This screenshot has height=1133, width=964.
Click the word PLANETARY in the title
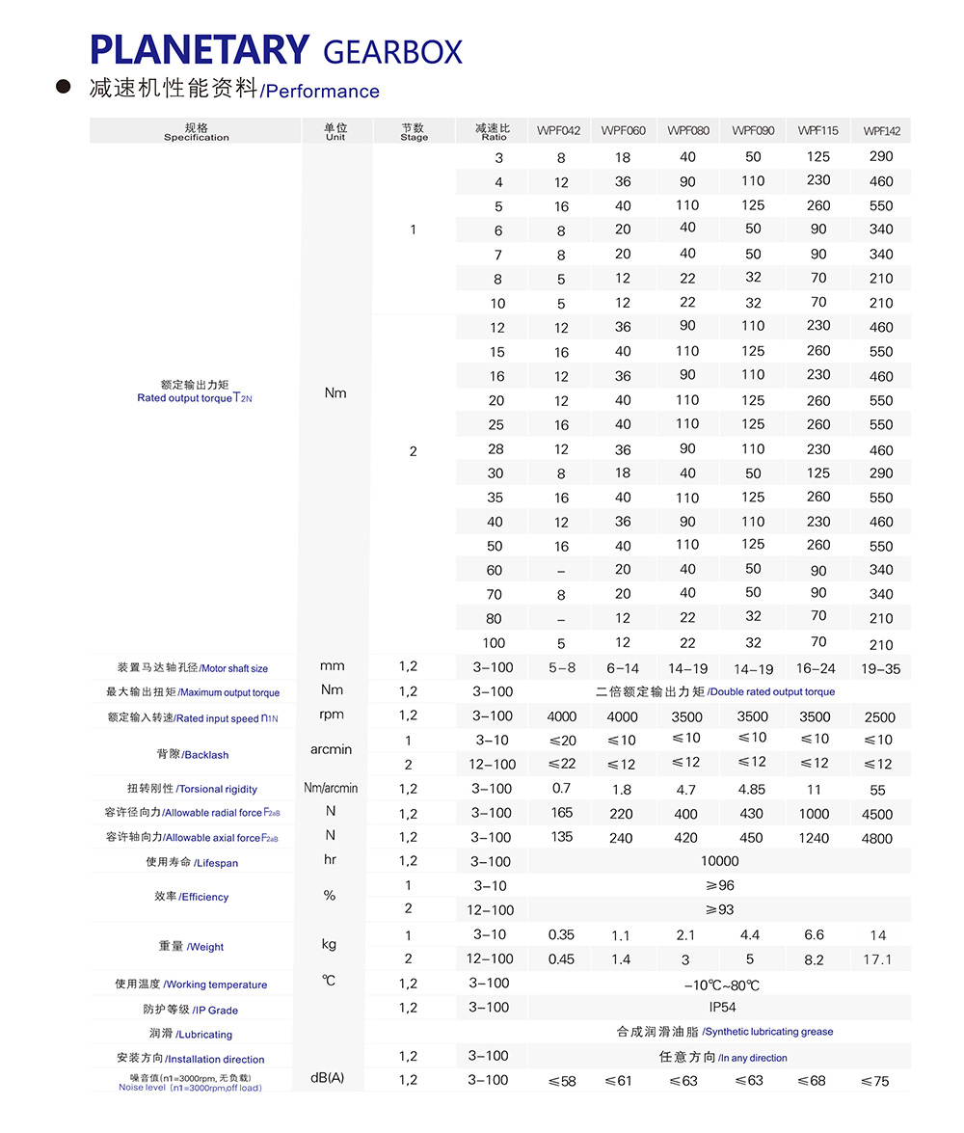(200, 49)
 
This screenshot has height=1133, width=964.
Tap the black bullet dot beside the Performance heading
(65, 88)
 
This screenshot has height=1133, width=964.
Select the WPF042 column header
(559, 130)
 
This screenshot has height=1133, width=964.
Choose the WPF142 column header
(881, 131)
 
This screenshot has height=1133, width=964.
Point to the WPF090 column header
(753, 130)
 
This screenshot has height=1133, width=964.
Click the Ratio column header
(492, 131)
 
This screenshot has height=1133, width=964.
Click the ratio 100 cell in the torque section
(494, 642)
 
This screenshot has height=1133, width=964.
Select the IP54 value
(722, 1008)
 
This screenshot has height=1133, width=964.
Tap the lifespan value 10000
(719, 861)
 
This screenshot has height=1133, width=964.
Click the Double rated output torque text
(771, 691)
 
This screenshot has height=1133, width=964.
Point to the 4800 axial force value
(877, 839)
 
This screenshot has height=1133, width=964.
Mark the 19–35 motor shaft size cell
(878, 668)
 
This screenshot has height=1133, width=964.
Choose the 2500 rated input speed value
(879, 717)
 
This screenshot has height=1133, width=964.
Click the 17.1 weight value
(877, 959)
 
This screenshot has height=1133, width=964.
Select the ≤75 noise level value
(875, 1081)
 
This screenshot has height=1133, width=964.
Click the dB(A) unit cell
(328, 1078)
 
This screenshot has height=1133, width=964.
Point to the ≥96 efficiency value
(719, 885)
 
